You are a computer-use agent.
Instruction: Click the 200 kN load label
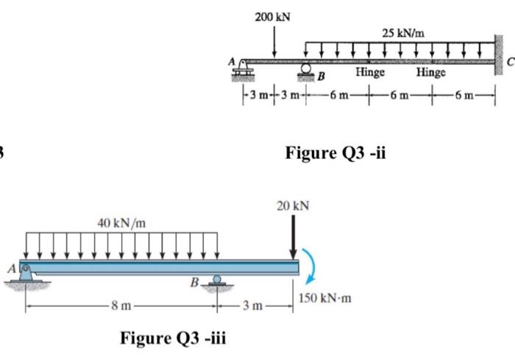tap(272, 16)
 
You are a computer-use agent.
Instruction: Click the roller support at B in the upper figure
tap(305, 70)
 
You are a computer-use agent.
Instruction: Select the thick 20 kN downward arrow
tap(293, 236)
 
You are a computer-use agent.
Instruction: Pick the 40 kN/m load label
tap(119, 223)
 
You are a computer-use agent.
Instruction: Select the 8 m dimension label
tap(121, 306)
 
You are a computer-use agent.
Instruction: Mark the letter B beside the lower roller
tap(195, 282)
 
